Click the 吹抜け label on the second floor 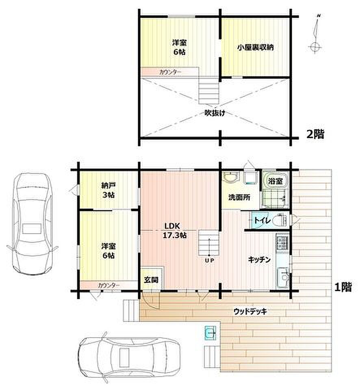(x=215, y=113)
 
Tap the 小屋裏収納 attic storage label (x=255, y=47)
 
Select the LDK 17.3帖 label (x=175, y=231)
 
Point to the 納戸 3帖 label (x=108, y=190)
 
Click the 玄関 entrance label (x=151, y=280)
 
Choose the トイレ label (x=262, y=220)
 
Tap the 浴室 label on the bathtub (x=275, y=181)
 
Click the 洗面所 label (x=239, y=197)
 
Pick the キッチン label (x=259, y=260)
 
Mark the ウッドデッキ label (x=250, y=311)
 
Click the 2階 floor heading (x=315, y=134)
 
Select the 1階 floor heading (x=343, y=288)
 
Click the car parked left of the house (x=33, y=224)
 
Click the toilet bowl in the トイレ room (x=280, y=220)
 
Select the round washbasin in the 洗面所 (x=231, y=178)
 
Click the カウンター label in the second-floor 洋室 (x=170, y=72)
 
